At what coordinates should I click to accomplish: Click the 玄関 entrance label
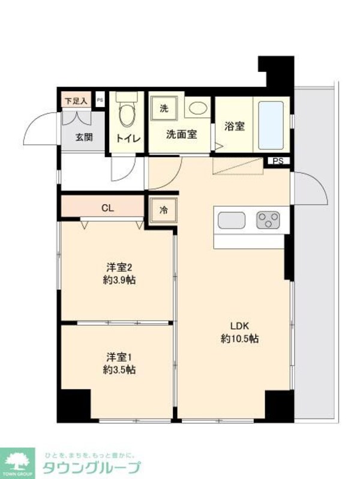click(x=84, y=136)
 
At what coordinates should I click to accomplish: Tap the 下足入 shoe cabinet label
click(x=76, y=101)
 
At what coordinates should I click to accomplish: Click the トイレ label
click(x=128, y=139)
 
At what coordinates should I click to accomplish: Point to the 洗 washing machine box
click(x=164, y=109)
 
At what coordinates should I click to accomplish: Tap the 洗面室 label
click(x=181, y=134)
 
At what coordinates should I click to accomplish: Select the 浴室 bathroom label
click(x=235, y=127)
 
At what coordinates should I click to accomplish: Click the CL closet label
click(x=107, y=208)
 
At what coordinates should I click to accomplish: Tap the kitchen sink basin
click(x=232, y=220)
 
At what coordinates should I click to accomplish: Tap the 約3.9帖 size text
click(x=118, y=280)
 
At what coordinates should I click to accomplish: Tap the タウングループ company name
click(x=91, y=468)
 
